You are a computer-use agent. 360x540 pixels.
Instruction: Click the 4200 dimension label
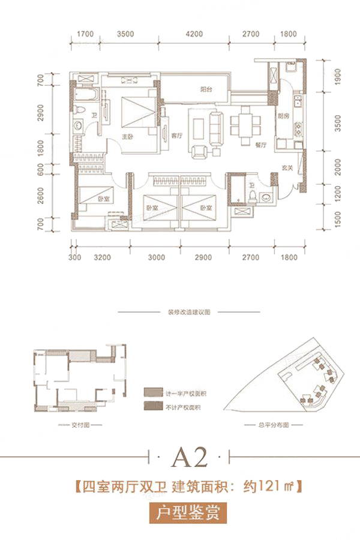pos(194,34)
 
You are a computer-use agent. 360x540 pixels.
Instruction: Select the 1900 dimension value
pos(337,76)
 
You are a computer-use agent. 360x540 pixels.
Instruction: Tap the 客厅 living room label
pos(176,136)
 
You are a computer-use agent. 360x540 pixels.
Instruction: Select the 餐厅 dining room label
pos(260,144)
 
